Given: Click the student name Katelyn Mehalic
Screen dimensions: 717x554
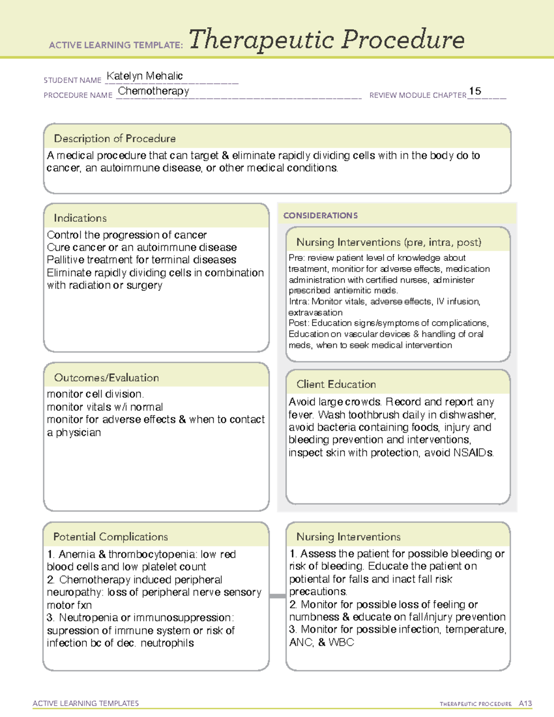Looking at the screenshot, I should [145, 76].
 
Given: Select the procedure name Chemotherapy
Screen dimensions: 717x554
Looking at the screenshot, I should [154, 91].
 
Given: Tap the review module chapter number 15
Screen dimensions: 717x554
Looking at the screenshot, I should [475, 91].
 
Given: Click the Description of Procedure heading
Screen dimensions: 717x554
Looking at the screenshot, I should [114, 139].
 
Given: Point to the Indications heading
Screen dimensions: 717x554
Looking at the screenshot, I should [80, 218].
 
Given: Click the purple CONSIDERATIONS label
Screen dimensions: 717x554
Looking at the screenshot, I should [320, 216].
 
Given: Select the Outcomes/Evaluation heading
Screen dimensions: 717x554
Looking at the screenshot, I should [106, 378].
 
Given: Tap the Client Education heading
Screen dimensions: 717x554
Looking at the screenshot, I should [336, 384].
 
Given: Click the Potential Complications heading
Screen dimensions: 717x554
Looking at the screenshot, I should [110, 537].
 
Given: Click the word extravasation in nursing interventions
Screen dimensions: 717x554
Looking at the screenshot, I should [315, 313].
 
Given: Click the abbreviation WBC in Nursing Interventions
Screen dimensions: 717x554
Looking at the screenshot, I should [341, 642].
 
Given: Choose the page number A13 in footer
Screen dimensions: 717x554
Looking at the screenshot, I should [525, 704].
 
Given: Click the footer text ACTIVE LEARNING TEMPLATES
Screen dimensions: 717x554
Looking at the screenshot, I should [86, 703].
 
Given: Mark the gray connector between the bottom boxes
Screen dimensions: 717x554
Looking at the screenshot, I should [277, 596].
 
